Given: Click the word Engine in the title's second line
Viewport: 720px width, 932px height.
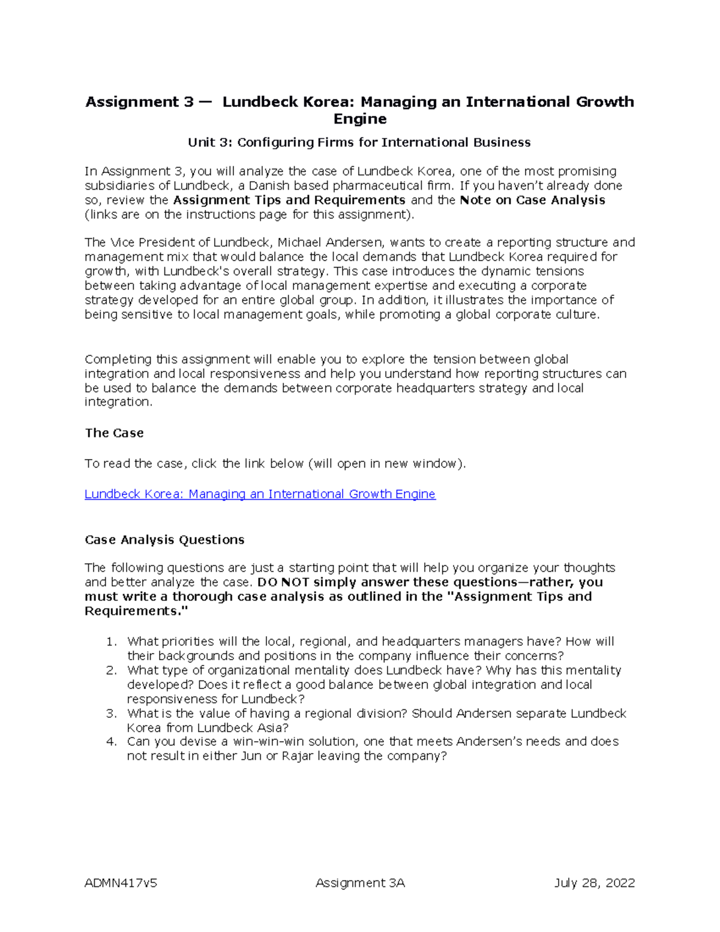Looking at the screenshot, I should tap(359, 119).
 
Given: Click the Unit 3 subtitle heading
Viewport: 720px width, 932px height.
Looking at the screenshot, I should tap(359, 142).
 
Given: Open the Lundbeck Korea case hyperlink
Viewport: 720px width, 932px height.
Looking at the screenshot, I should tap(260, 494).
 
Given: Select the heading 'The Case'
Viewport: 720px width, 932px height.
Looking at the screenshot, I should tap(114, 433).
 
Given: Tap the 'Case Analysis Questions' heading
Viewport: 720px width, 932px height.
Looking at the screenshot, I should tap(164, 540).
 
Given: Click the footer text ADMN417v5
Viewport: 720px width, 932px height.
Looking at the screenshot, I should tap(121, 882).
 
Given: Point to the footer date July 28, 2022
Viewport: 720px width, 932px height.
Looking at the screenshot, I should tap(594, 882).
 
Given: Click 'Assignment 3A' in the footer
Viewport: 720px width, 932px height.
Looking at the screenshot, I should tap(360, 882).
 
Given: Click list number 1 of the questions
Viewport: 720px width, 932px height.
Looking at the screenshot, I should tap(110, 642).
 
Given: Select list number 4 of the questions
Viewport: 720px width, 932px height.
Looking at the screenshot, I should tap(110, 742).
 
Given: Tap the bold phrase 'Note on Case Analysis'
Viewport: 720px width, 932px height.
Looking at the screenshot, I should tap(532, 200).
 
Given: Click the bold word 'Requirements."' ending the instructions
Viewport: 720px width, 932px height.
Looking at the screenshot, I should tap(136, 611).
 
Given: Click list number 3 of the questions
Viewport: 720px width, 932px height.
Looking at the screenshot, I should tap(110, 714).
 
